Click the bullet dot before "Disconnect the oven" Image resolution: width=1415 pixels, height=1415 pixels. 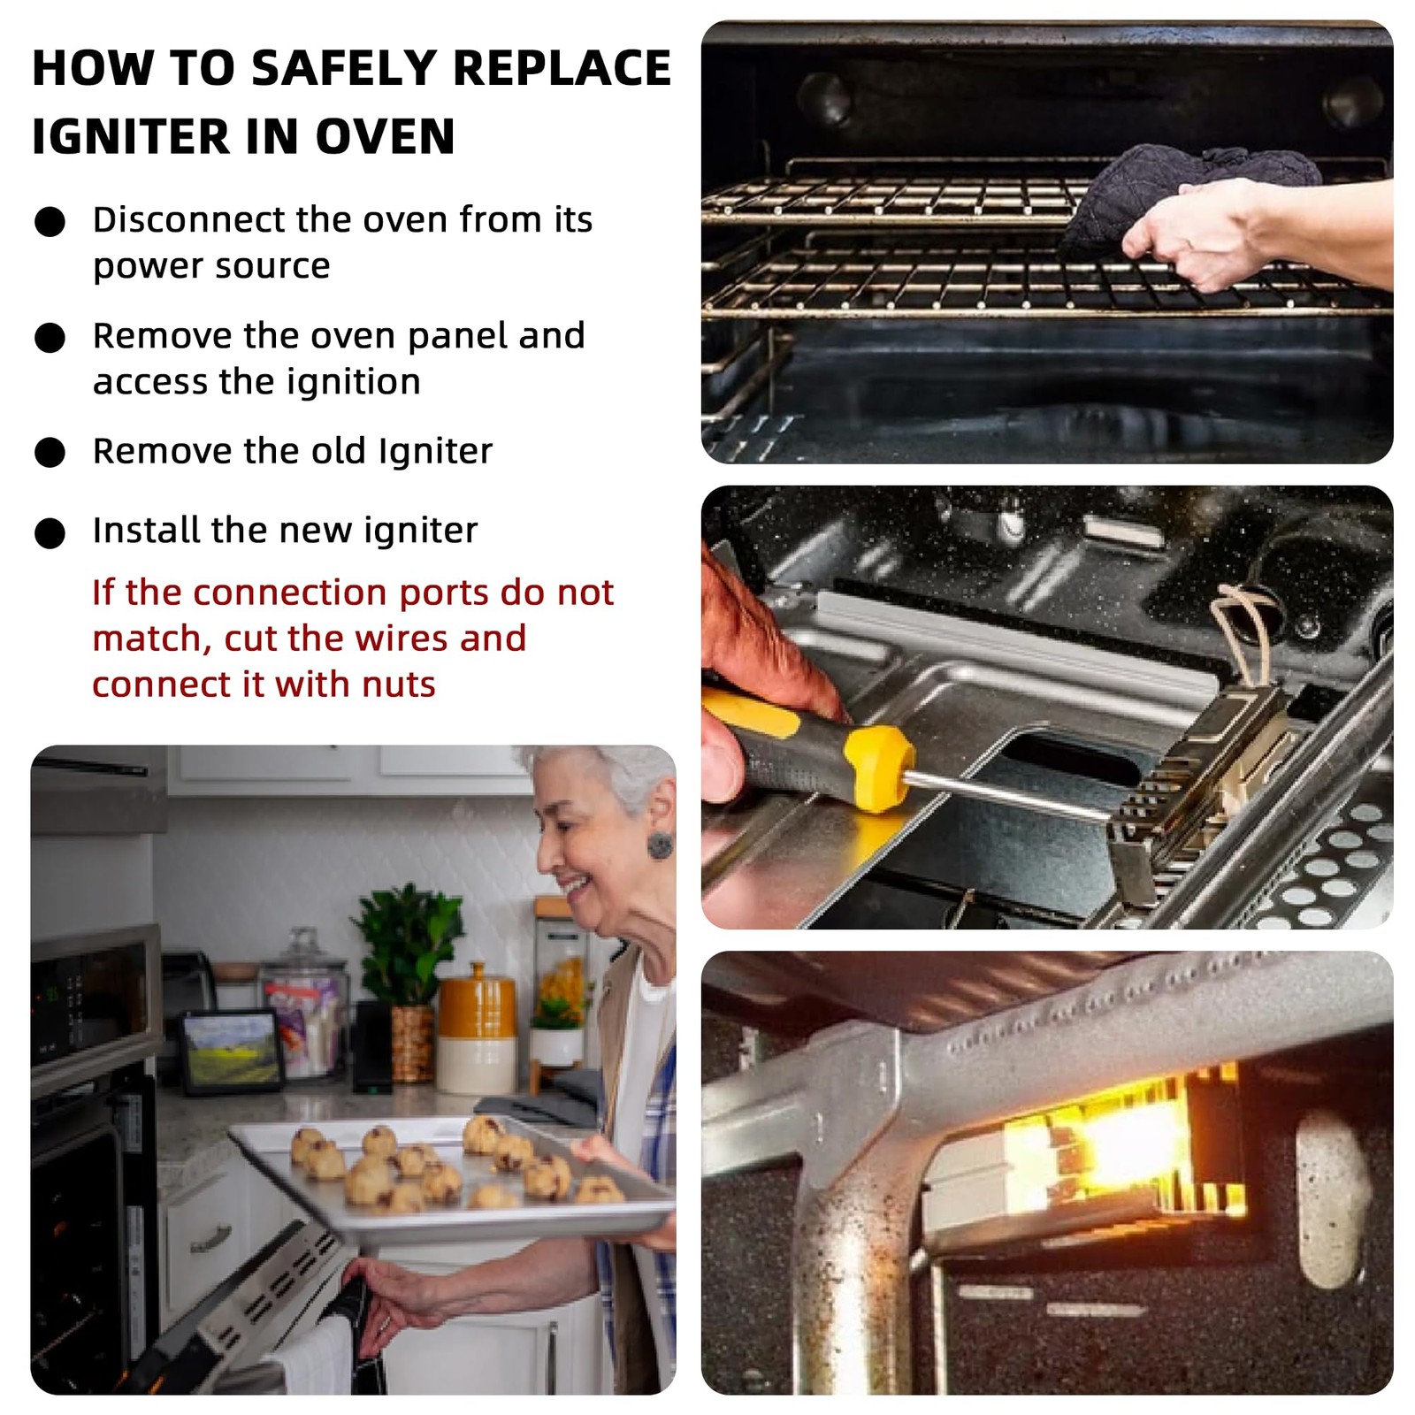(x=50, y=221)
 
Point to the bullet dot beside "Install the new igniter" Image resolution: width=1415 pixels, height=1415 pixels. (x=50, y=532)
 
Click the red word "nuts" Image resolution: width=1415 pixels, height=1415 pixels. (x=398, y=685)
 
